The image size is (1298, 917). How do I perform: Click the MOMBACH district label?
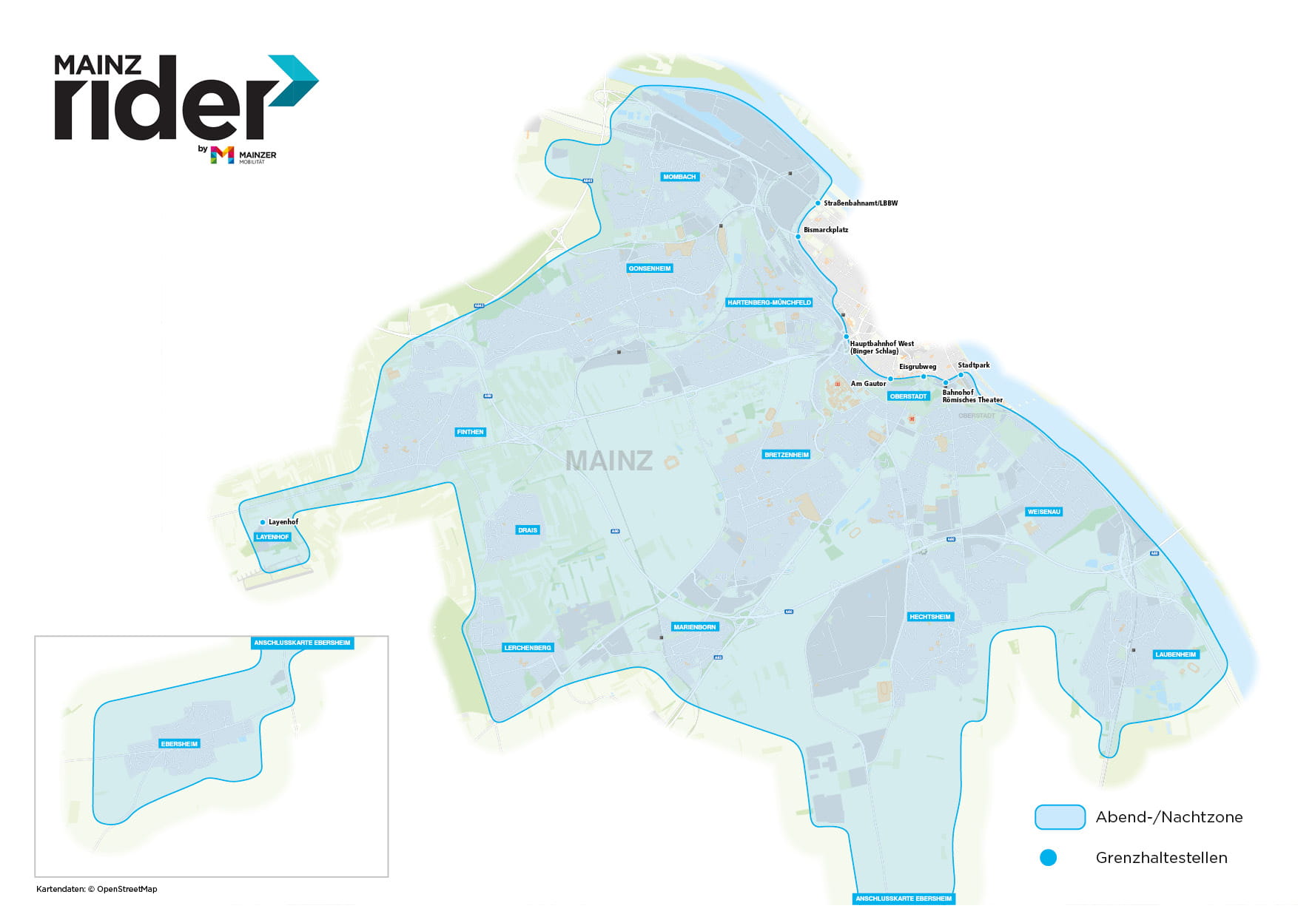pos(679,177)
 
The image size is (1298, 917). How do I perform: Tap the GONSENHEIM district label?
pos(650,268)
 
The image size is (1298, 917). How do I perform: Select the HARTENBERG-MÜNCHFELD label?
pos(769,302)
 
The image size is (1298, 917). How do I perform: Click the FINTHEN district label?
pos(470,432)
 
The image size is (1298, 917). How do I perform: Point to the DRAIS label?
pos(528,530)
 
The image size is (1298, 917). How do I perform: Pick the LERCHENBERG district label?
pos(528,648)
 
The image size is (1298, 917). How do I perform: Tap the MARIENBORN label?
pos(694,627)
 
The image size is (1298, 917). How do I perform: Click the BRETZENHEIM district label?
pos(786,455)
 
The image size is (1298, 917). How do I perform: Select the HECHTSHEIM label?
pos(929,617)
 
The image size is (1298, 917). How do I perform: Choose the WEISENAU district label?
pos(1043,512)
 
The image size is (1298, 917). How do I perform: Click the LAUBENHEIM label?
pos(1175,654)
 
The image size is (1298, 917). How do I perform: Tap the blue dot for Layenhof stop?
pos(263,522)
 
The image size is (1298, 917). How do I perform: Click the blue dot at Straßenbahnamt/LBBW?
pos(818,203)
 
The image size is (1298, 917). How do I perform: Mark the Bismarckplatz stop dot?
pos(798,237)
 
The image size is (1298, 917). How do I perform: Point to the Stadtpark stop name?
pos(973,365)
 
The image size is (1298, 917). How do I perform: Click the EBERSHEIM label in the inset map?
pos(179,744)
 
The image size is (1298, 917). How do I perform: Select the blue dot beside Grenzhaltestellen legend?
pos(1048,858)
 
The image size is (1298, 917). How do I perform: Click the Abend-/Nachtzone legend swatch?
pos(1060,817)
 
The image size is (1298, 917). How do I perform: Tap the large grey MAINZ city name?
pos(608,461)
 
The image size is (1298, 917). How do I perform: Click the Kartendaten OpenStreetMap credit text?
pos(97,889)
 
